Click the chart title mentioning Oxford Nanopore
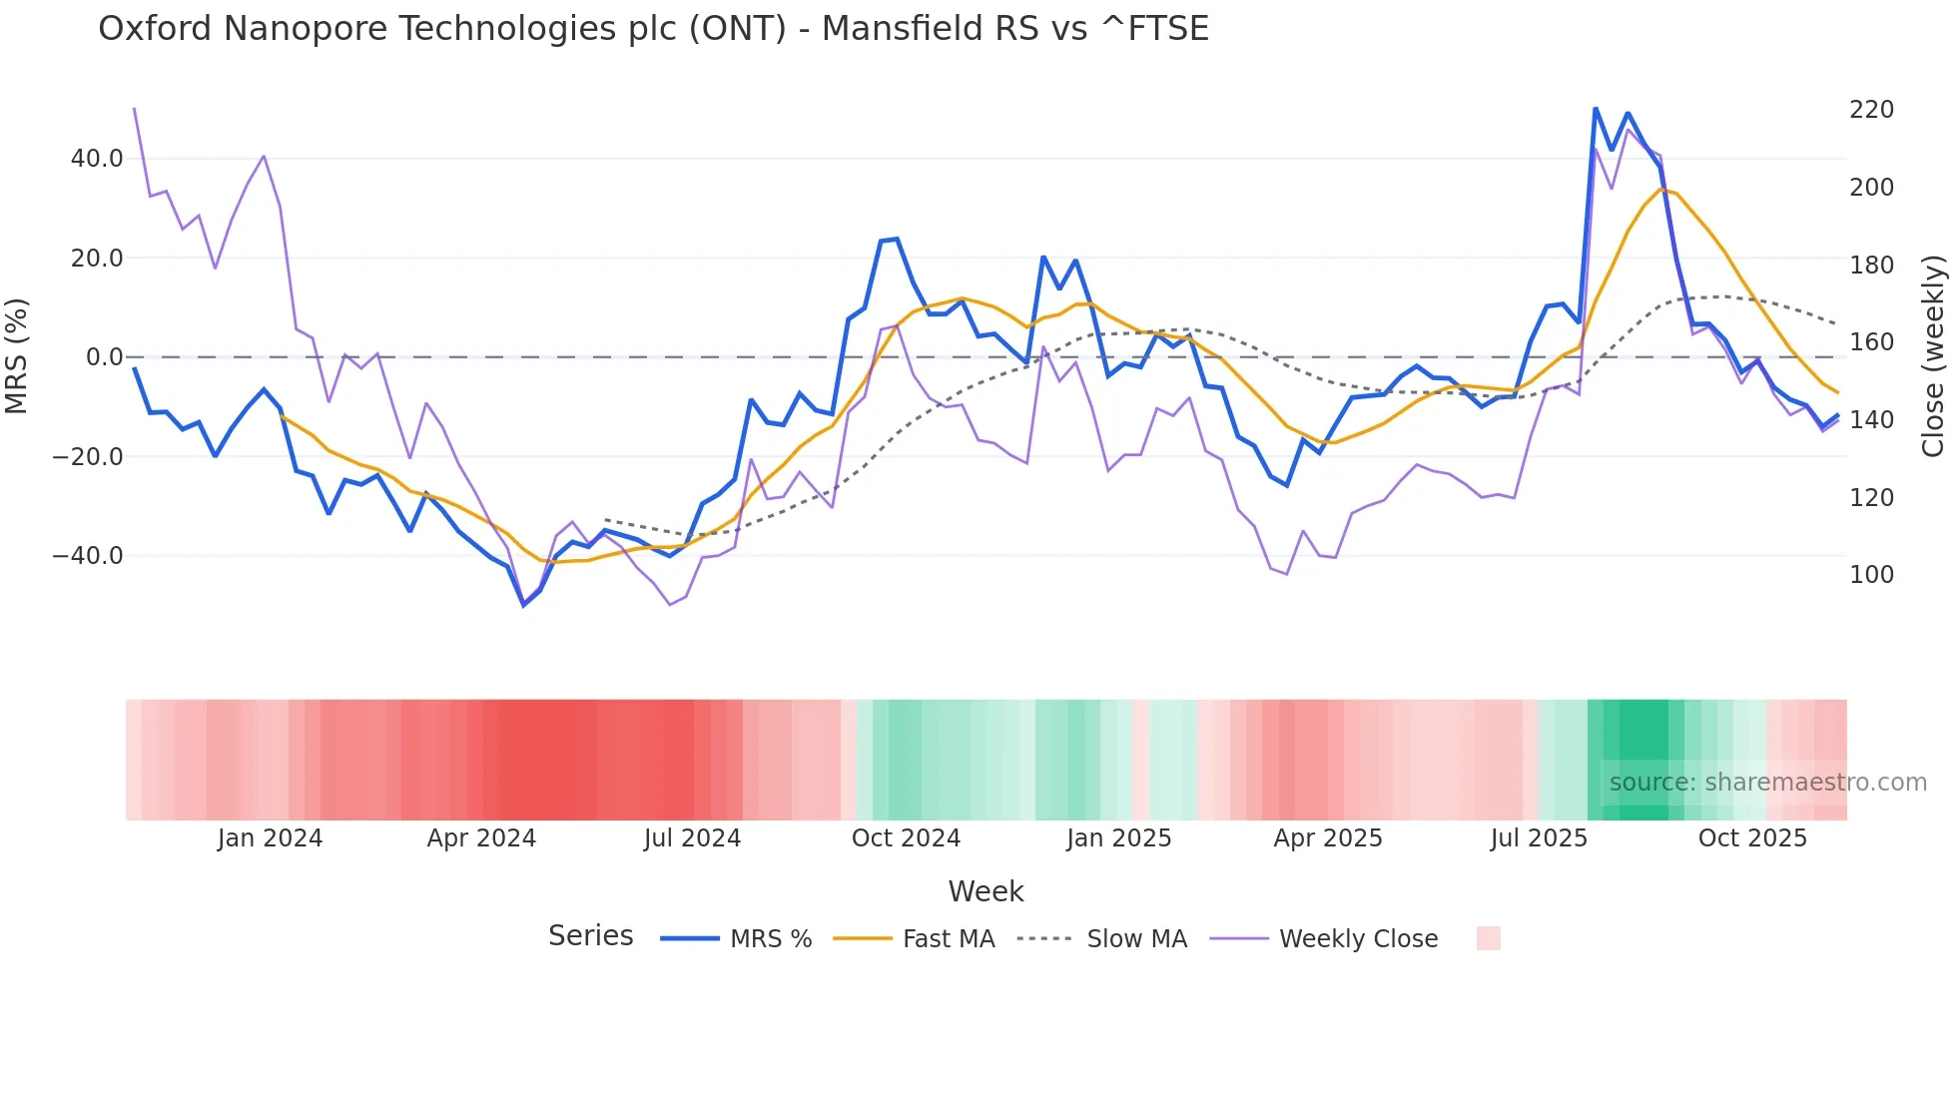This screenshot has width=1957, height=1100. (653, 29)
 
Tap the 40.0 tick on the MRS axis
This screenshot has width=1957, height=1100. (97, 159)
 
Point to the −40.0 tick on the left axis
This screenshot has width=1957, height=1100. (88, 556)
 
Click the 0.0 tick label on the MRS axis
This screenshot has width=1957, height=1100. (104, 357)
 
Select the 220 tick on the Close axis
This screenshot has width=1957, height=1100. (1871, 110)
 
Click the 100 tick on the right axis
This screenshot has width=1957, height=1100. (1871, 575)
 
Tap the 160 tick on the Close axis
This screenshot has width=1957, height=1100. (1871, 342)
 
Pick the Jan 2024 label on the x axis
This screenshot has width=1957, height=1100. (270, 838)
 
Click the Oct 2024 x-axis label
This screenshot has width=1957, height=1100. (906, 838)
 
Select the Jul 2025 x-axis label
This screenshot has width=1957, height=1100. (1539, 838)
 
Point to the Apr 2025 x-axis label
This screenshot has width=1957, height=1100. (1328, 838)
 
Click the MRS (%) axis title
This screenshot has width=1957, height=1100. (17, 356)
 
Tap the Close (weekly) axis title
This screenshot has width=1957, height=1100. (1933, 356)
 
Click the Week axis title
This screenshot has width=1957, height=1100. (985, 891)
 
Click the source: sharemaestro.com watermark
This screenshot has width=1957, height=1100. (1767, 783)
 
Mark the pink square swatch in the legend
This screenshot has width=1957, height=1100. (1488, 938)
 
